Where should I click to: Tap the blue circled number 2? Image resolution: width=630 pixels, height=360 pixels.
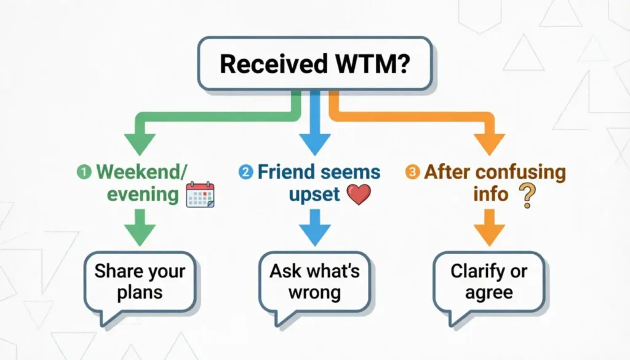tap(246, 172)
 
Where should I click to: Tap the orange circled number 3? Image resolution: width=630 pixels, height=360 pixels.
tap(412, 172)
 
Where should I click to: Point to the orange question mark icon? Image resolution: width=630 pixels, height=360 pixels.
tap(525, 195)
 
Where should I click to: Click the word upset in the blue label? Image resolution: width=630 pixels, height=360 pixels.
tap(314, 194)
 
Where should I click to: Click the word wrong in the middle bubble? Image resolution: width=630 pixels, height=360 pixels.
tap(314, 293)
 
